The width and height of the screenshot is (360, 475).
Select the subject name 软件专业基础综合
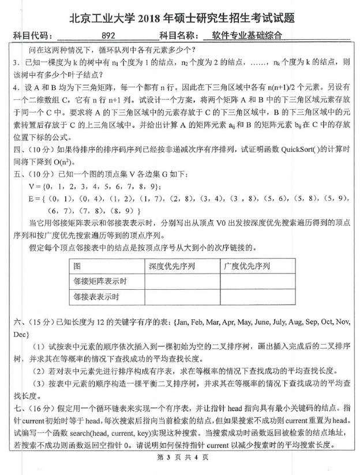coord(248,35)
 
